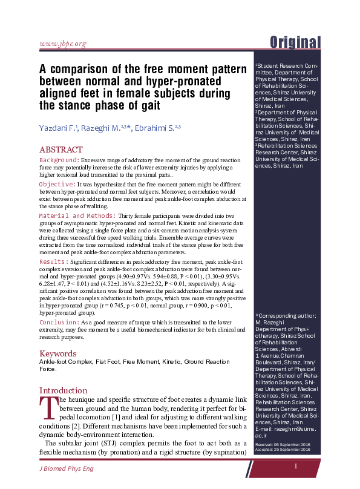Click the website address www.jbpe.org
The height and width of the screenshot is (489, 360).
coord(62,44)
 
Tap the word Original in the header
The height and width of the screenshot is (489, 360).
coord(295,42)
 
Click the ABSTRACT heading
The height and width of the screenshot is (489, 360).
coord(61,149)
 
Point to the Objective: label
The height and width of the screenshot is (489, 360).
coord(56,183)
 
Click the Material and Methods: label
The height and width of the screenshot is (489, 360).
coord(77,215)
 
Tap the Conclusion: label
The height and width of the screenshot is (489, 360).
coord(59,323)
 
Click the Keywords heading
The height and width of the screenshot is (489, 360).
coord(58,353)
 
